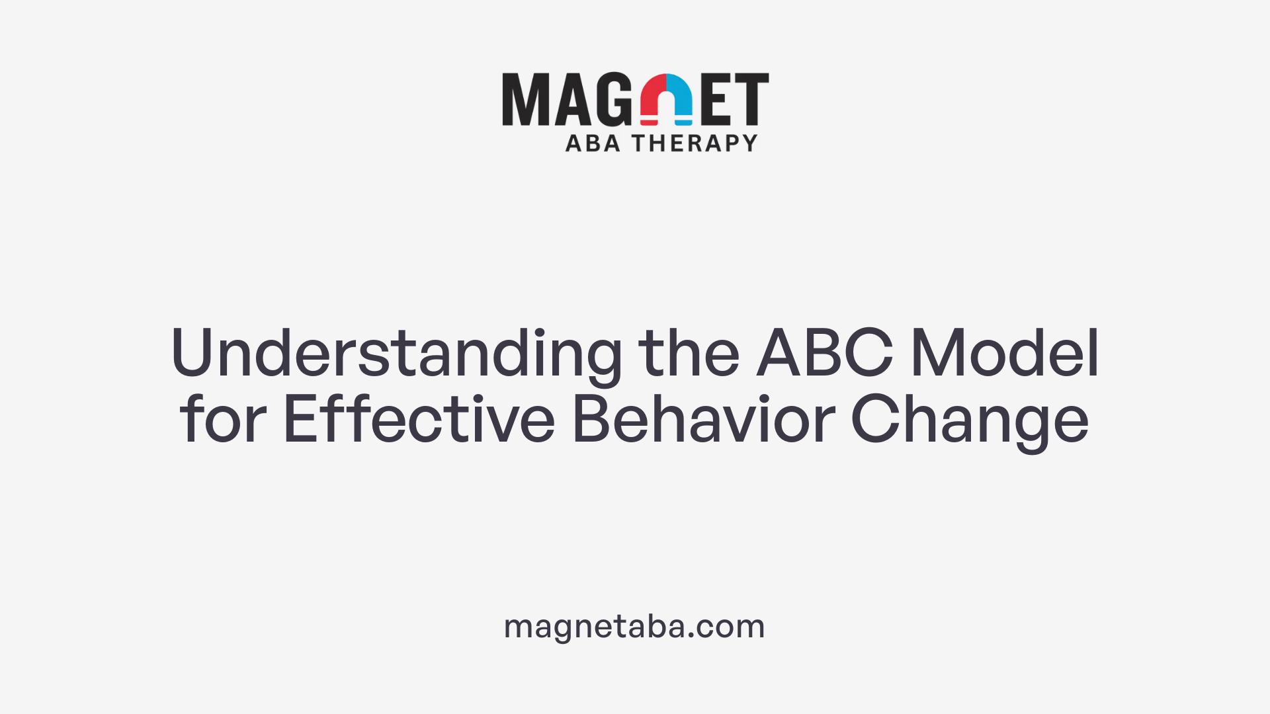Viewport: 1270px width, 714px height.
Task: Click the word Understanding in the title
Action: click(396, 354)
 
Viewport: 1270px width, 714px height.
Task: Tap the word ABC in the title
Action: click(825, 353)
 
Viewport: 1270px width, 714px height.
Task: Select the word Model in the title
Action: click(1005, 353)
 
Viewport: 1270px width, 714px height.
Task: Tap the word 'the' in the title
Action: click(689, 353)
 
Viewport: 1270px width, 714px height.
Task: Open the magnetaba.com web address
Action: click(634, 626)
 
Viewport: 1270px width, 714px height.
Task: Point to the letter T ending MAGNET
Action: click(750, 99)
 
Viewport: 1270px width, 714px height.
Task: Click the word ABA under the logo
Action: click(593, 143)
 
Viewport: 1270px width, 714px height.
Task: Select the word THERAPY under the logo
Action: click(695, 143)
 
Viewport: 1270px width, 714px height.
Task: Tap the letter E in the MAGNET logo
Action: click(716, 99)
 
